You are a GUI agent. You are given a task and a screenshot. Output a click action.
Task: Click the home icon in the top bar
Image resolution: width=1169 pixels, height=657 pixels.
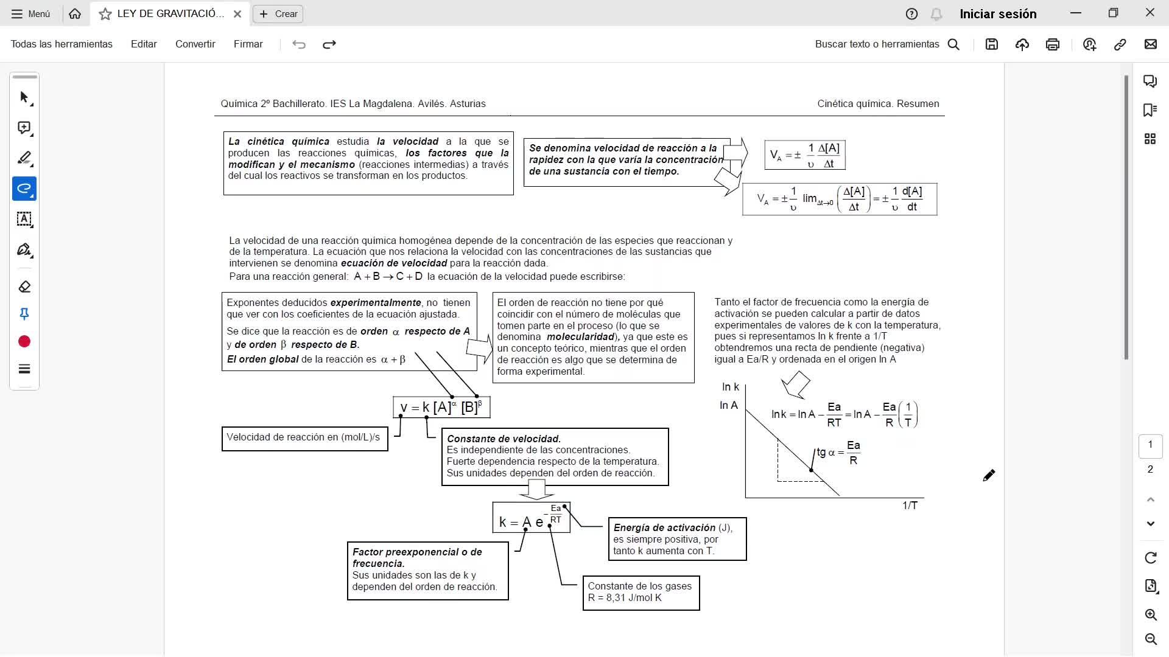[x=75, y=14]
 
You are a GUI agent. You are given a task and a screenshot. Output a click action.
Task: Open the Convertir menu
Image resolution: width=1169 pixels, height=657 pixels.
[x=195, y=44]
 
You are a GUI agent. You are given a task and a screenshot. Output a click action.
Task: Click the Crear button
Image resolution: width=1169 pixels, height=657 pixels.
[x=278, y=14]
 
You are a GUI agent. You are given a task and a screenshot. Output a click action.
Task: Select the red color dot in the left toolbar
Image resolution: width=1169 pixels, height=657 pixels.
[x=24, y=342]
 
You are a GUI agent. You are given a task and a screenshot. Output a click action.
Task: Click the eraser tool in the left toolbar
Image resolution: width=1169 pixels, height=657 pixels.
[x=24, y=287]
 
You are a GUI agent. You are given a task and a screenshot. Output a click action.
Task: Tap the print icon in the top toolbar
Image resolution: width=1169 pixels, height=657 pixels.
[x=1053, y=44]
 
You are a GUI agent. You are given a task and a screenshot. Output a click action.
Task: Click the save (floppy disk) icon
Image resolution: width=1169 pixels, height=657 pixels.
[x=992, y=44]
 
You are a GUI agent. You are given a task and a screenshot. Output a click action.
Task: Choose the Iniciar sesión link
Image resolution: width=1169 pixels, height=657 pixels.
[x=998, y=14]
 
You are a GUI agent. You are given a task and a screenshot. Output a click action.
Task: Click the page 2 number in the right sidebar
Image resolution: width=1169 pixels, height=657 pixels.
[x=1150, y=469]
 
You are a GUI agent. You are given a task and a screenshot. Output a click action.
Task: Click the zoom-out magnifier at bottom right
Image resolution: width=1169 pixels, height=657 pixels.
[x=1151, y=639]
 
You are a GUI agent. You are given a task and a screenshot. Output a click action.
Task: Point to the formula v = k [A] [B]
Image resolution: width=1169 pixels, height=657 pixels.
[x=441, y=407]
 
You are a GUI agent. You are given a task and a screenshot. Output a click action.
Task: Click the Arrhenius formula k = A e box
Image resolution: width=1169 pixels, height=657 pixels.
[x=531, y=518]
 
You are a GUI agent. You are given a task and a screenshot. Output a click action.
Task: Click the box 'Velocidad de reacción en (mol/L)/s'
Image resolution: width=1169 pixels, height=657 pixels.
[x=304, y=438]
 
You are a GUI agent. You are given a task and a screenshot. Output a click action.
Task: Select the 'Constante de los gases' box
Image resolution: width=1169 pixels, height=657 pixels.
[x=641, y=592]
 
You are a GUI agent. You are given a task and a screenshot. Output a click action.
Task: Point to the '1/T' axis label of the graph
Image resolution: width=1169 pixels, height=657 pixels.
[x=910, y=506]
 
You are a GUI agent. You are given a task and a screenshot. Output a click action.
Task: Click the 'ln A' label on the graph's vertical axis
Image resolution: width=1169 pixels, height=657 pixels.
[x=729, y=405]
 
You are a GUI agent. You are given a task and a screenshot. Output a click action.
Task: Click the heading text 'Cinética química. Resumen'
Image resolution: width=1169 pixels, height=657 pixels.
[x=878, y=103]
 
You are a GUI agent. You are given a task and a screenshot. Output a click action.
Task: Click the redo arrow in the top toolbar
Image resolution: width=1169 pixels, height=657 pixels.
[x=329, y=44]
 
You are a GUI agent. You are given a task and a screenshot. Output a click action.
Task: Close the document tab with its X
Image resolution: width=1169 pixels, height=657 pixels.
[x=237, y=14]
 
